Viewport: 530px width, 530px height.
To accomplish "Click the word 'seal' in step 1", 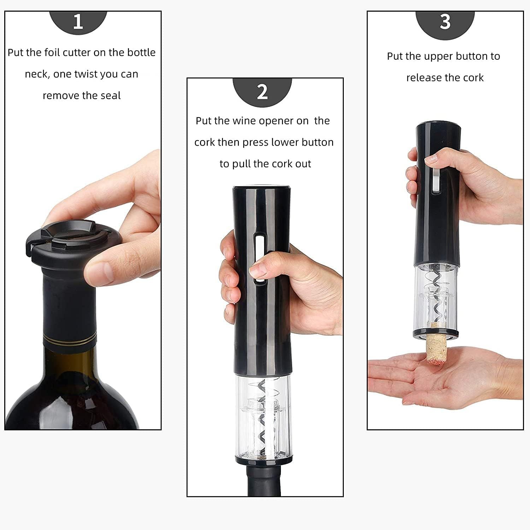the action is tap(111, 95).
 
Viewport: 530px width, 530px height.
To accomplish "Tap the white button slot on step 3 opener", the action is tap(436, 180).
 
